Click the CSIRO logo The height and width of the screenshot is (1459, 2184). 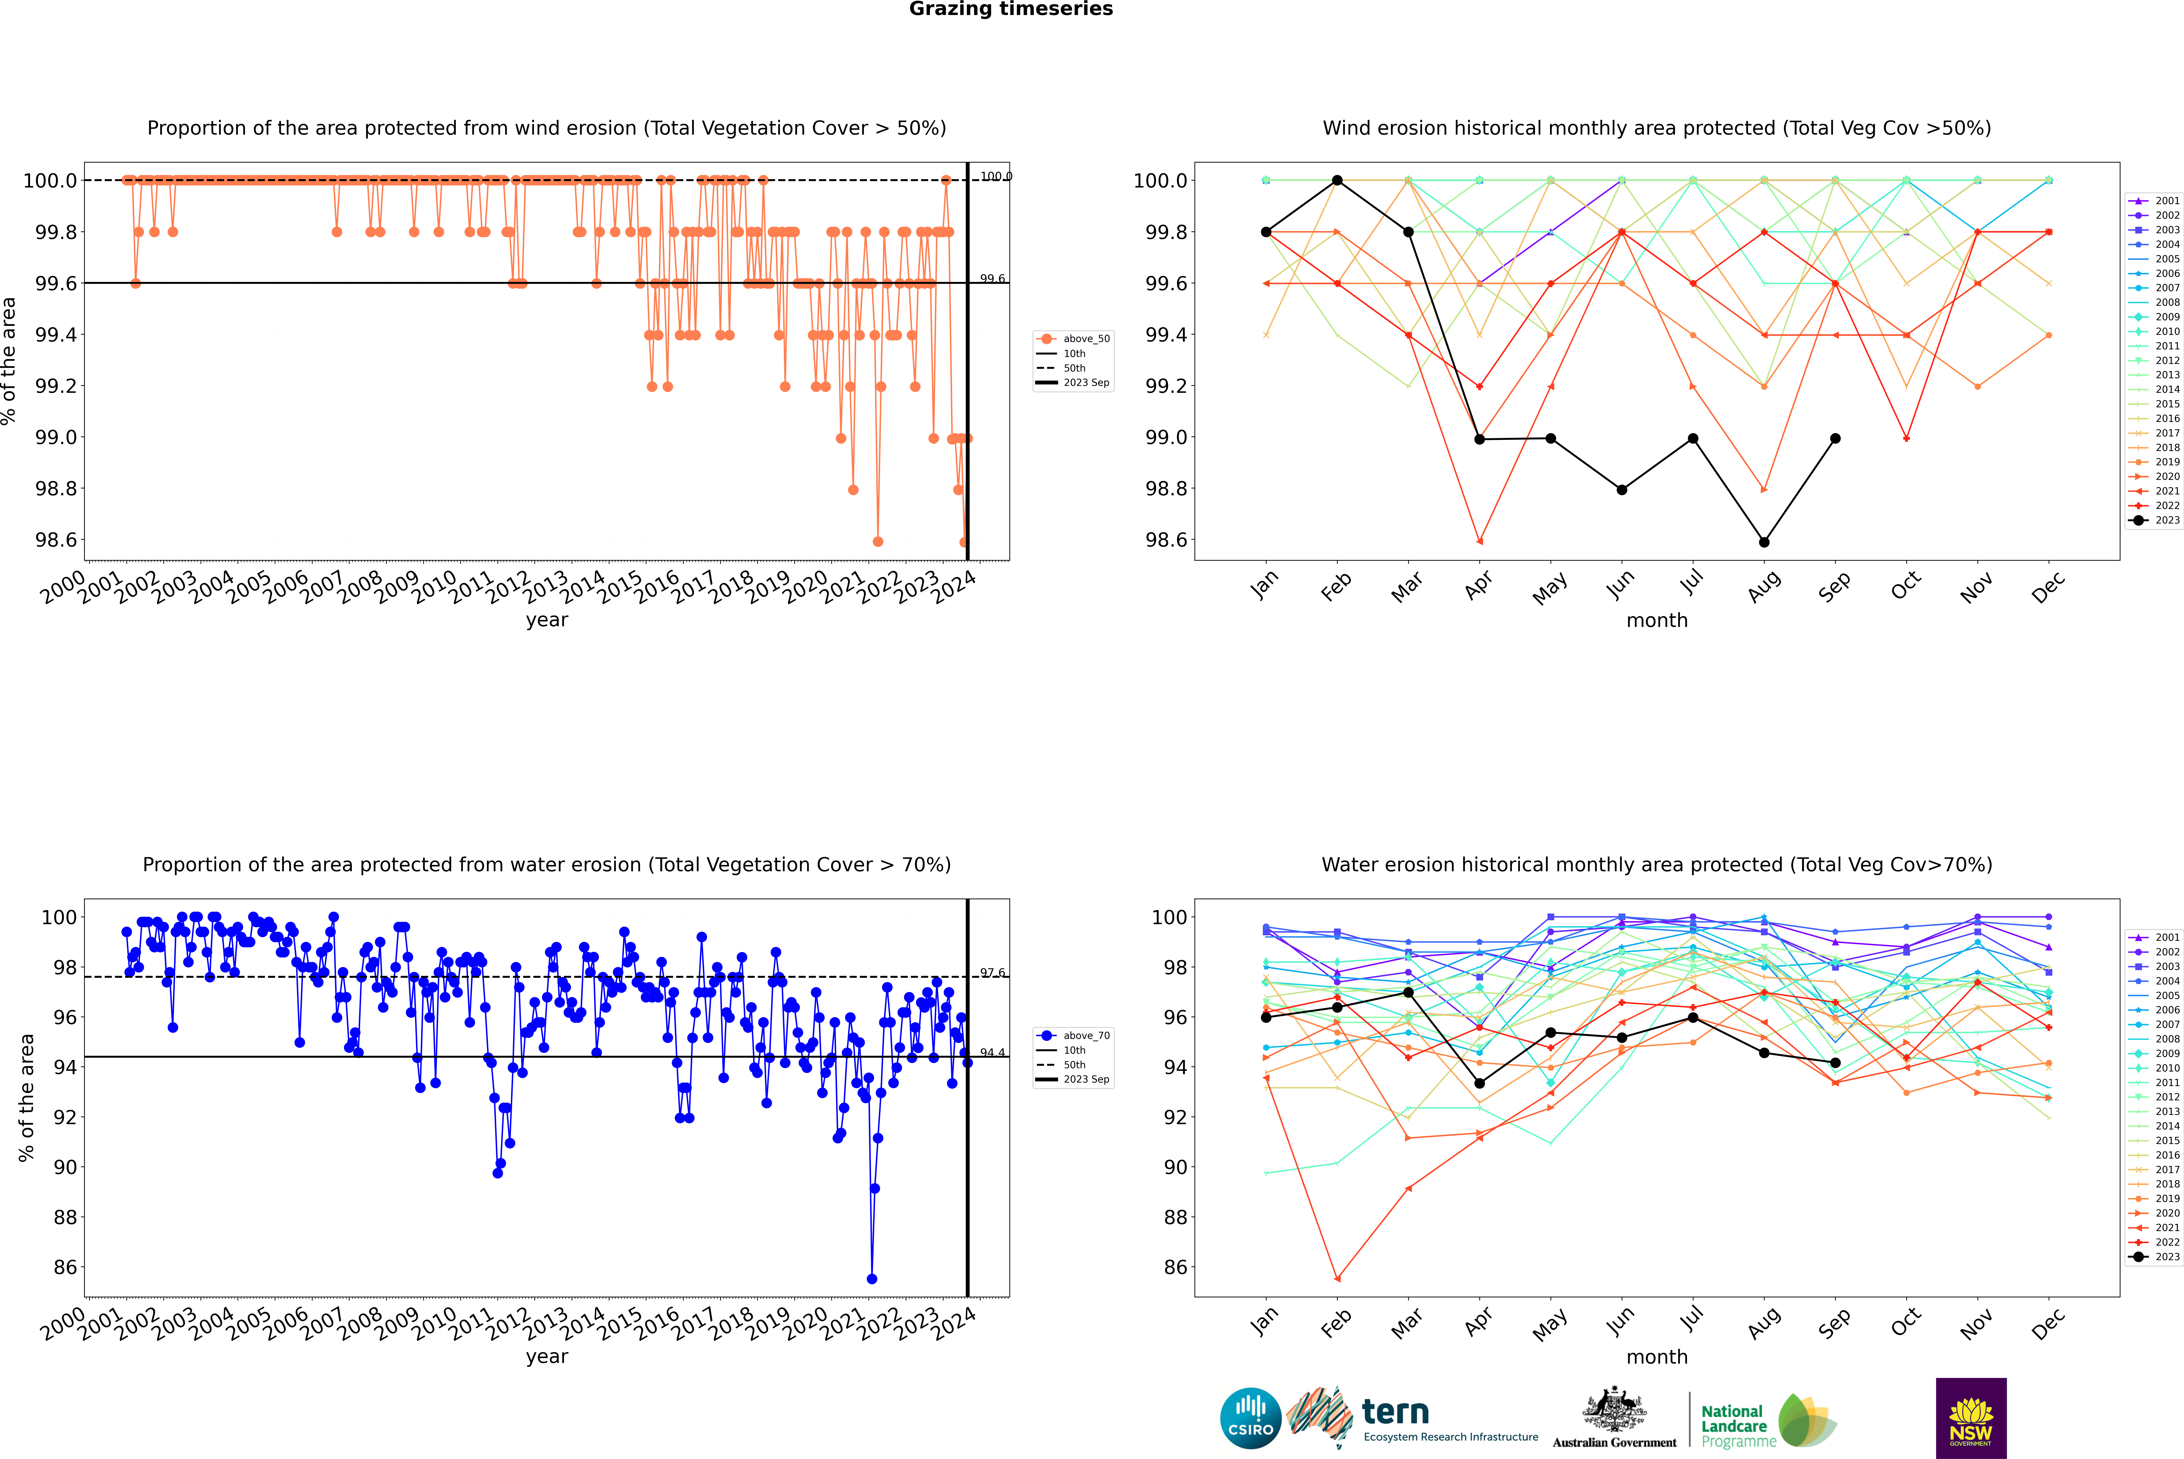(1250, 1418)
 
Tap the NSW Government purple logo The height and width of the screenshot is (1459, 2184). (1971, 1418)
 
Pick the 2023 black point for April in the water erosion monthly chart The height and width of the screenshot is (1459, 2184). (1479, 1083)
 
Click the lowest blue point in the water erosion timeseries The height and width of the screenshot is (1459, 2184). (871, 1278)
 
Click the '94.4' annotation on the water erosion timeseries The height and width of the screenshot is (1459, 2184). (992, 1052)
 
